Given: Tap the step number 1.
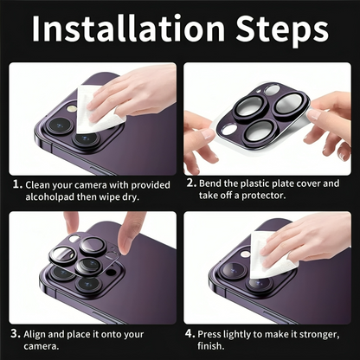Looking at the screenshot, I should [17, 183].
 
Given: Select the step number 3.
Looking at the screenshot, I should [17, 332].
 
